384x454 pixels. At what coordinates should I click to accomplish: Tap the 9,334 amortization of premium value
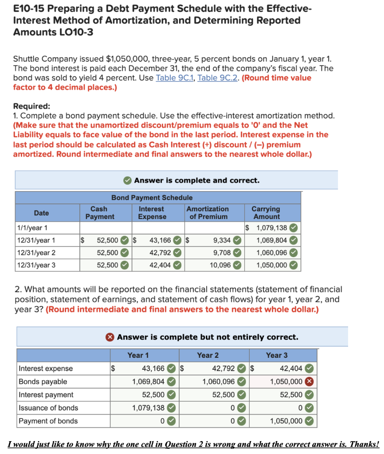(222, 240)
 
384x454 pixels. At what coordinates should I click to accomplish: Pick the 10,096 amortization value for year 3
(220, 265)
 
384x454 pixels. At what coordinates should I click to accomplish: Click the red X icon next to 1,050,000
(310, 382)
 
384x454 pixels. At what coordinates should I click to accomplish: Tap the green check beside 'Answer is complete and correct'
(127, 180)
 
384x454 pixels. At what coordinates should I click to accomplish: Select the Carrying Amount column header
(266, 213)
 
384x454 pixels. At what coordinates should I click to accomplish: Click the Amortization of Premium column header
(208, 213)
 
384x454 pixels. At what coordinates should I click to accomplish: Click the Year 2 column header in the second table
(208, 355)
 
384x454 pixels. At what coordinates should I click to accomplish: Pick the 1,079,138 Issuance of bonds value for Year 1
(148, 408)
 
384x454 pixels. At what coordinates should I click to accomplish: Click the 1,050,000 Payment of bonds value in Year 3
(286, 421)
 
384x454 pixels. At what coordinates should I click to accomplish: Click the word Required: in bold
(32, 106)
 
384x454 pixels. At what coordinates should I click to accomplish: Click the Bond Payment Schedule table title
(152, 198)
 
